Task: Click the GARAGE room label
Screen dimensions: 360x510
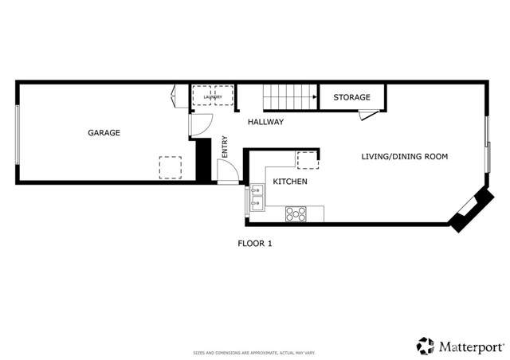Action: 104,133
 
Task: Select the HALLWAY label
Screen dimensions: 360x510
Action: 265,122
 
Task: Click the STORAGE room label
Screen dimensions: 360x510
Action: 351,98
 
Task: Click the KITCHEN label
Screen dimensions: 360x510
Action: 290,182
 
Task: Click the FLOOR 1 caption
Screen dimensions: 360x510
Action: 255,244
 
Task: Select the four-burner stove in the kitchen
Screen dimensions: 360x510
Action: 296,213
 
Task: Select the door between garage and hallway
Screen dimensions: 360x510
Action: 199,124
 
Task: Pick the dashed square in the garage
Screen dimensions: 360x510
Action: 171,166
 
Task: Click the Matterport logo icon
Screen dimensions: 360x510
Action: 425,346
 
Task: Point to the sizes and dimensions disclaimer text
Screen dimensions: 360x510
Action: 254,352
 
